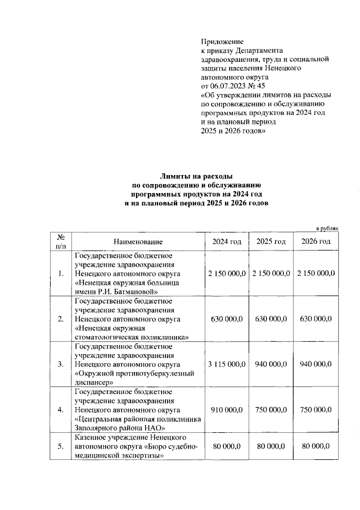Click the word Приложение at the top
pos(222,42)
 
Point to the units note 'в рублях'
pos(328,228)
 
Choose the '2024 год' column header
pos(227,241)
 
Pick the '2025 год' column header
pos(271,241)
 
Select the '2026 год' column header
pos(316,241)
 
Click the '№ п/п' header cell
pos(61,241)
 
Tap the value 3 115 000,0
pos(227,364)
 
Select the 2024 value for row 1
pos(227,273)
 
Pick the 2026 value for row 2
pos(316,319)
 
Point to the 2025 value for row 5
pos(271,446)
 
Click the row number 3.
pos(61,364)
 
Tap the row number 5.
pos(61,446)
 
